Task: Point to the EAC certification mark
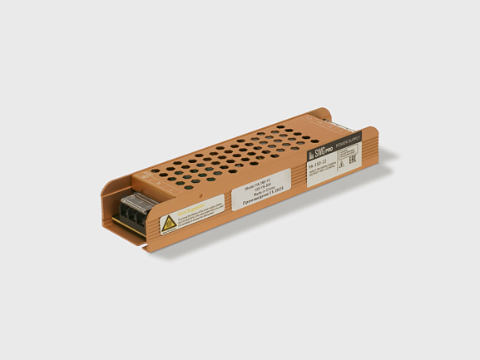coord(349,163)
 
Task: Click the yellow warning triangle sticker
coord(169,222)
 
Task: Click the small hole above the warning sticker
coord(179,192)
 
